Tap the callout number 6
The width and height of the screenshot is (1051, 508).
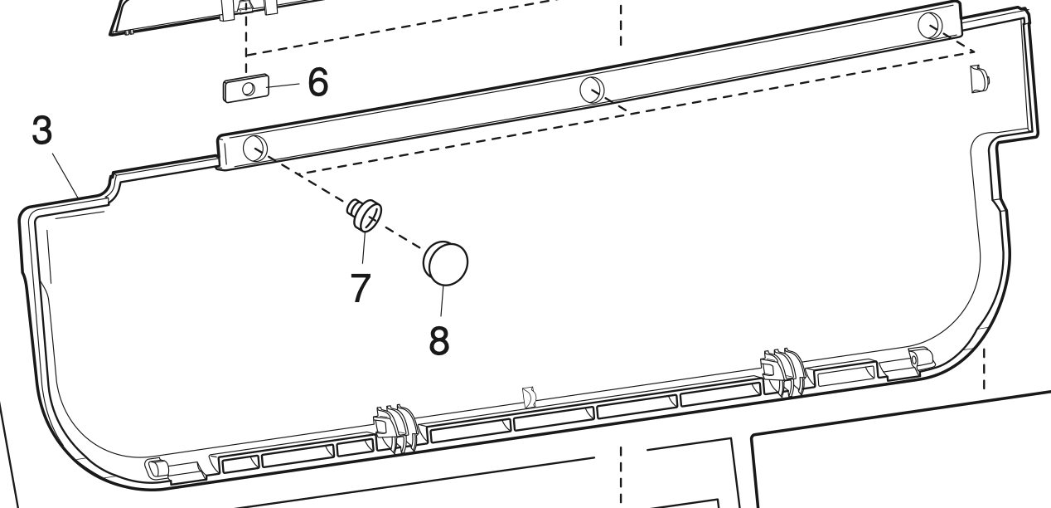click(317, 82)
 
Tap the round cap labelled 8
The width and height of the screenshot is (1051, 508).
click(446, 261)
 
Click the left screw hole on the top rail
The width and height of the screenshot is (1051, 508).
click(254, 149)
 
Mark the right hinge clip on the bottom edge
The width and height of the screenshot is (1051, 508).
click(782, 372)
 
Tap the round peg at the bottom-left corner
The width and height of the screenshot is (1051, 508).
click(154, 467)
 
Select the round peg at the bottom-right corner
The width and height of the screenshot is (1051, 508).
click(916, 358)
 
